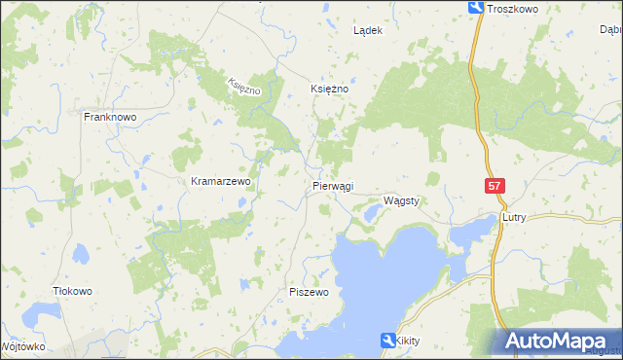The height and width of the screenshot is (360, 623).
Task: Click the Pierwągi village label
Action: [334, 186]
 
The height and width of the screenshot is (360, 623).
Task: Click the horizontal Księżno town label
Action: [329, 88]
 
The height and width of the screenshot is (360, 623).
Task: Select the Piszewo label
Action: [311, 292]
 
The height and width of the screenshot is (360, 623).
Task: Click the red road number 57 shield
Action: [495, 185]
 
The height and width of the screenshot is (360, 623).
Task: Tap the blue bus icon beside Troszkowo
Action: [476, 8]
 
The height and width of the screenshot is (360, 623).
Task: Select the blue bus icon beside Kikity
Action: [387, 340]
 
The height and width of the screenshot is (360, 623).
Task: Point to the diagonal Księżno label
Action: [245, 87]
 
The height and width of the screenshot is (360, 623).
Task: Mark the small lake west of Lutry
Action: [473, 229]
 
